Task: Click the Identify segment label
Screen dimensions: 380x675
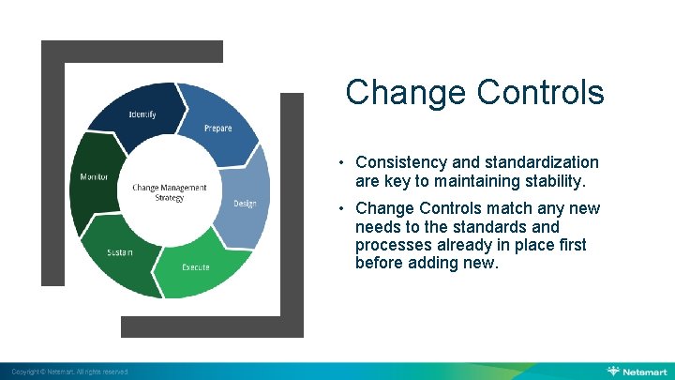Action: click(142, 114)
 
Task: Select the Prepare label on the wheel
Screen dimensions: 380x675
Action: click(217, 129)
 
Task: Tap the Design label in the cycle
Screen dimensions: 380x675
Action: click(245, 204)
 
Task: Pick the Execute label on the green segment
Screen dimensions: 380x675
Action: click(195, 267)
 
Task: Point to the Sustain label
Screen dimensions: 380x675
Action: click(119, 252)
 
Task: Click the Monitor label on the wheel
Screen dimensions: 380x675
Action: click(94, 176)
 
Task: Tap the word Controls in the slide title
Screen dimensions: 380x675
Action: click(540, 93)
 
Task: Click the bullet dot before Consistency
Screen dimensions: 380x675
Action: click(343, 163)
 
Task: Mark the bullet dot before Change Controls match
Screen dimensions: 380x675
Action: click(343, 209)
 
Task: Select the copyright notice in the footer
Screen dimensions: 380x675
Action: click(65, 372)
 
